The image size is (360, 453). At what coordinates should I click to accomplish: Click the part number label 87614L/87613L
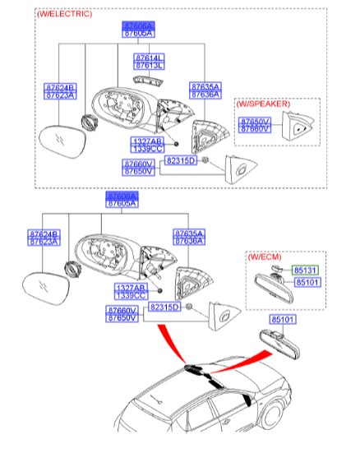click(149, 62)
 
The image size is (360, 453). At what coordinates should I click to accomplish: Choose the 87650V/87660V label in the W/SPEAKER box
click(252, 124)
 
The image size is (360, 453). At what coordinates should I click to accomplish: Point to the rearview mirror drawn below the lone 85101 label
click(280, 340)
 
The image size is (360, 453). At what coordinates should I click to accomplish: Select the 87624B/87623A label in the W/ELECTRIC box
click(59, 90)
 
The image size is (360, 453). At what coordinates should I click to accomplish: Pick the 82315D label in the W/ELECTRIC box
click(181, 160)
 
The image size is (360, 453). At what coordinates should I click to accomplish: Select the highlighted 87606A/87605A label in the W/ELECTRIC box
click(137, 30)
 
